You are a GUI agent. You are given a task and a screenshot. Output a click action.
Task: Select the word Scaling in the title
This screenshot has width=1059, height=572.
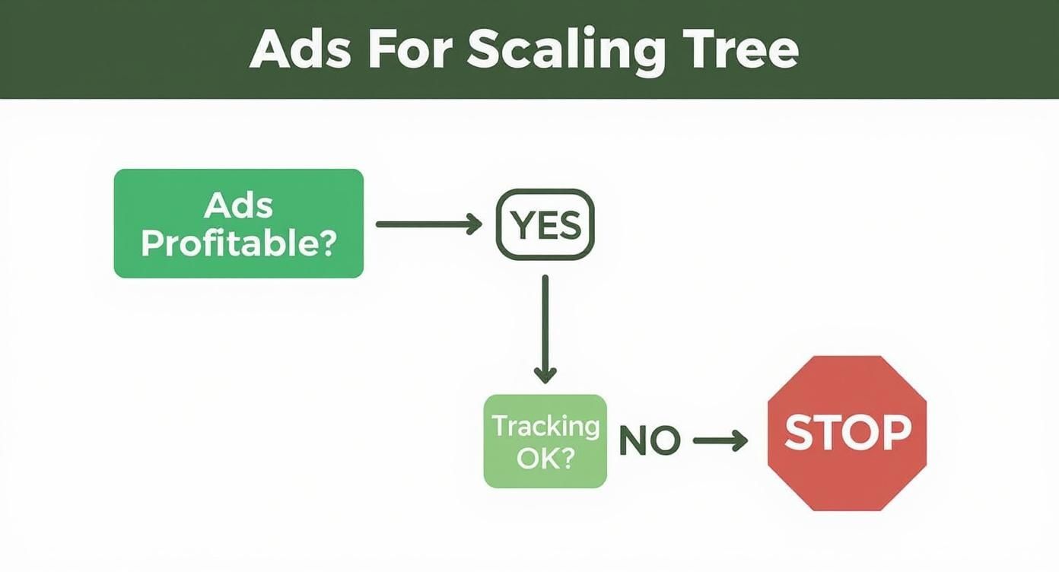pos(565,50)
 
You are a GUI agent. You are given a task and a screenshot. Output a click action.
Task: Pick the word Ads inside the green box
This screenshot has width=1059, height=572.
pos(238,205)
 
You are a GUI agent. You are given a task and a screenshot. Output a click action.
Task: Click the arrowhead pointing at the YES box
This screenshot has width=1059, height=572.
pos(475,224)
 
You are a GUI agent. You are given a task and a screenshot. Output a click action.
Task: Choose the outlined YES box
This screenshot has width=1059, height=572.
pos(545,224)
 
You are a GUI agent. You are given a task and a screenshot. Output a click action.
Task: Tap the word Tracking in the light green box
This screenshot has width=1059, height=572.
pos(545,426)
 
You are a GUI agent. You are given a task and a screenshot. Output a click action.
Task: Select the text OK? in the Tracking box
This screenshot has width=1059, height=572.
pos(545,459)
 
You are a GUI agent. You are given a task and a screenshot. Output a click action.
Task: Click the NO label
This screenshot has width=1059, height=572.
pos(650,440)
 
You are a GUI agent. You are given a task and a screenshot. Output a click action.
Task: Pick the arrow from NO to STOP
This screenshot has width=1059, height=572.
pos(720,441)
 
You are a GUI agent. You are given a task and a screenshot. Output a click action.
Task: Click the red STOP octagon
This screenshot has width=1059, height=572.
pos(847,432)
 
